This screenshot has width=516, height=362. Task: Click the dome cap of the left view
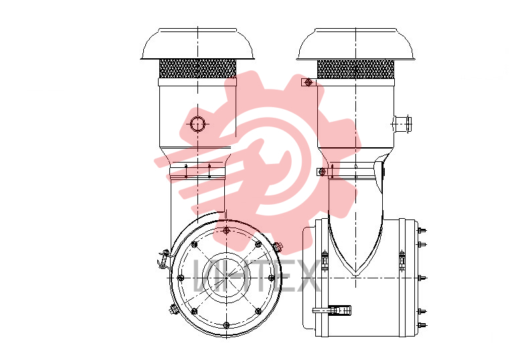pos(197,43)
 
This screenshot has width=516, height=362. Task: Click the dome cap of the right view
pos(355,43)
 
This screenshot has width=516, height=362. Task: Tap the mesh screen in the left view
pos(197,68)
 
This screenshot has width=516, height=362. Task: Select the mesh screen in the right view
pos(355,69)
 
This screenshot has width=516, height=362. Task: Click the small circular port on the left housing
pos(197,124)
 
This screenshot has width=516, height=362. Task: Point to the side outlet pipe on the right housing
pos(402,124)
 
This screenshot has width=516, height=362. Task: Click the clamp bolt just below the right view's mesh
pos(309,82)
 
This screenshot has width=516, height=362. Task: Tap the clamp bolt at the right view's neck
pos(322,171)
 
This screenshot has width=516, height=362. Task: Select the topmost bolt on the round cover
pos(226,230)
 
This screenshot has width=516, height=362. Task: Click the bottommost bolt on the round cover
pos(226,325)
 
